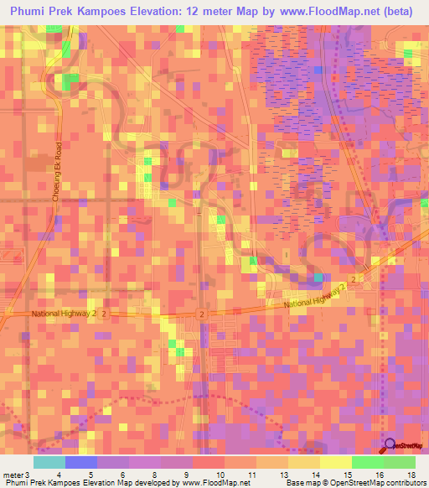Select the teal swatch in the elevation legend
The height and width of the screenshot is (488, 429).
point(49,462)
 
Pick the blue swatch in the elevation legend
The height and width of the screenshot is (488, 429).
point(81,462)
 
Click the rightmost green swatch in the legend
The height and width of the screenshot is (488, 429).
point(400,462)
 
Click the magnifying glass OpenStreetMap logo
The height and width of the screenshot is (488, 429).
point(390,447)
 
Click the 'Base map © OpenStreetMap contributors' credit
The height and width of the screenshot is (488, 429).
point(354,484)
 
